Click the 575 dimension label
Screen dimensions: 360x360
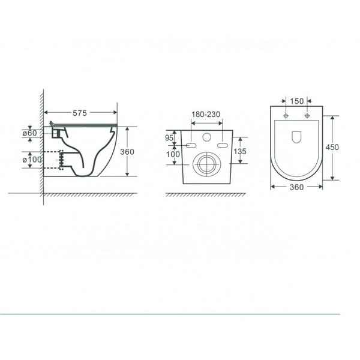coord(80,113)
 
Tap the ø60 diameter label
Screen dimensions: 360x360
coord(29,133)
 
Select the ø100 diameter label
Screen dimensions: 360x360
coord(32,160)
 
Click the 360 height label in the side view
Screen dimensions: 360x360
coord(127,152)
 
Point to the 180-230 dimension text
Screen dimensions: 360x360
coord(206,114)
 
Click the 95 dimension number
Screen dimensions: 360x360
coord(169,138)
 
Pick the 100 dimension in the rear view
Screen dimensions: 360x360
coord(173,154)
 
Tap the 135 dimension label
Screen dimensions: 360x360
coord(239,151)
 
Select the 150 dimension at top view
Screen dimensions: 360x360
coord(296,101)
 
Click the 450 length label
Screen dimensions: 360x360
coord(332,147)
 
